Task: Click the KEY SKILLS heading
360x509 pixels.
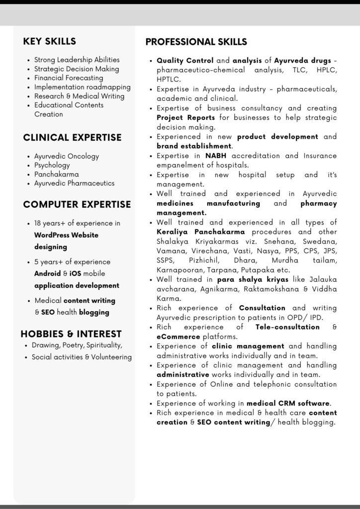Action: pos(50,41)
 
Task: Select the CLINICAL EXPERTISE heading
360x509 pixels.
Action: pos(72,137)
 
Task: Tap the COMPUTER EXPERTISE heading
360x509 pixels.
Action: pos(77,204)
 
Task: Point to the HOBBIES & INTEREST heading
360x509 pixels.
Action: pos(71,334)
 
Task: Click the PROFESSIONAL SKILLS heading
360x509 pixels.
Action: pos(196,42)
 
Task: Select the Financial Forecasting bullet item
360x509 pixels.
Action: pos(69,78)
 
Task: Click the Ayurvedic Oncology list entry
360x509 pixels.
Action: pos(67,156)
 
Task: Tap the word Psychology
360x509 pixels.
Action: pos(52,165)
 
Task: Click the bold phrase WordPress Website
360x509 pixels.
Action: pos(66,235)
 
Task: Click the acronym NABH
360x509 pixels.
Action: pos(216,156)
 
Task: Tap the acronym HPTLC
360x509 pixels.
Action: pos(169,80)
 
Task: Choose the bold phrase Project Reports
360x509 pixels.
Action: pos(186,118)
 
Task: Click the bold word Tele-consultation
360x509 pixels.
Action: pos(287,327)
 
